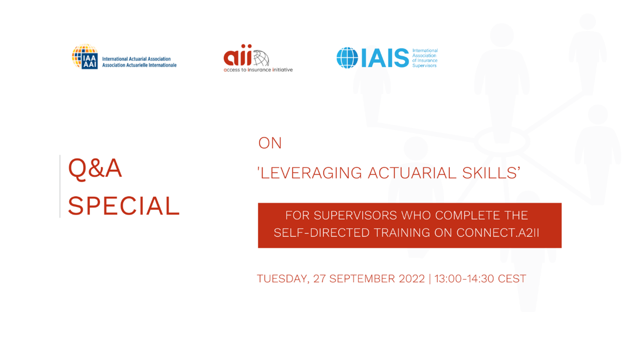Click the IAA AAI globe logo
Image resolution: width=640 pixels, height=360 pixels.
(85, 56)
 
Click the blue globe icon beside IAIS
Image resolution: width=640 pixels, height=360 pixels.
(347, 58)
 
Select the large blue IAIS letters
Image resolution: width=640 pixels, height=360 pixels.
(385, 58)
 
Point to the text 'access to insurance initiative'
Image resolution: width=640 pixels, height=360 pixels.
(258, 70)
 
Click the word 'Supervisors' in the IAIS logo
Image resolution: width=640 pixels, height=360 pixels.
(424, 66)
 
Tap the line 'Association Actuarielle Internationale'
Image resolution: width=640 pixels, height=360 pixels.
(139, 65)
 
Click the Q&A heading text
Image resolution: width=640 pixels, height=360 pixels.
(95, 169)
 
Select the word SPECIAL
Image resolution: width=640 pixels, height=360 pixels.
(124, 206)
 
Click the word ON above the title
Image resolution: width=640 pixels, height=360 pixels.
(270, 143)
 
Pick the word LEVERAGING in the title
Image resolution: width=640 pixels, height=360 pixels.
(311, 173)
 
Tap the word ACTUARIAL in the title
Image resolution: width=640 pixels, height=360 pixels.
(412, 173)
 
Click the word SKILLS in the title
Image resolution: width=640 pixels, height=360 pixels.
(489, 173)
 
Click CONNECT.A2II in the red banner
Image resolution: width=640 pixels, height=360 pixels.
(497, 233)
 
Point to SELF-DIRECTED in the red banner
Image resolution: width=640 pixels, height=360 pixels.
(322, 233)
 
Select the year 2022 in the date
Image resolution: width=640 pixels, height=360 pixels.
(412, 279)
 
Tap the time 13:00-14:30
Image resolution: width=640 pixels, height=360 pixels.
(464, 279)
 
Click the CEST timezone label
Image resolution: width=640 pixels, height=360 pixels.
(512, 279)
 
